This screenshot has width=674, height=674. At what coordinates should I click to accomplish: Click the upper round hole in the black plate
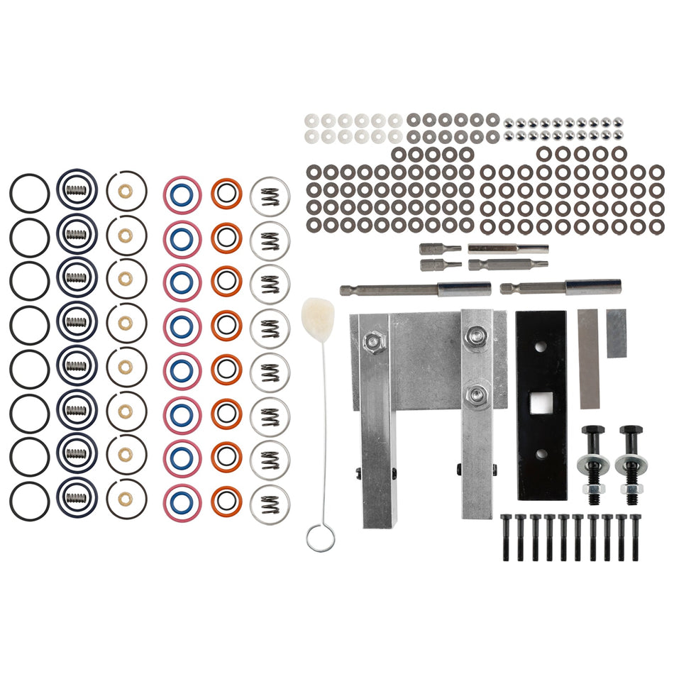coord(540,348)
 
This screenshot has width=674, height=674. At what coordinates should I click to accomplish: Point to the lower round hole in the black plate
coord(540,453)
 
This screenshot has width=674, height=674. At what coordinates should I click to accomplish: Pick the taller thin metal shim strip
coord(589,359)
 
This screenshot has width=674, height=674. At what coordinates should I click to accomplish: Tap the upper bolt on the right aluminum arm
coord(477,336)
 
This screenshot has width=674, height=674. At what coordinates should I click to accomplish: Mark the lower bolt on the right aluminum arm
coord(477,392)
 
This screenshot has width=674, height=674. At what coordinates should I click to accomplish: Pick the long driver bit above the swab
coord(415,289)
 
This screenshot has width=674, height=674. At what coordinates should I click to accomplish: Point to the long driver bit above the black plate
coord(560,287)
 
